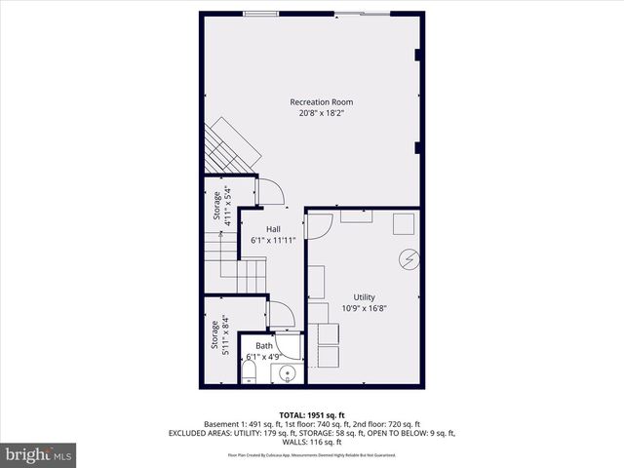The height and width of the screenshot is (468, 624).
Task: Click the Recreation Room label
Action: coord(321,102)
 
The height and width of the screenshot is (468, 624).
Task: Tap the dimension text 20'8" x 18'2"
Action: coord(321,113)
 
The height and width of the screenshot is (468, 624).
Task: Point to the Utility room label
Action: coord(364,297)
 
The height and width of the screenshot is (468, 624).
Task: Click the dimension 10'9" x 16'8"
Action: coord(364,308)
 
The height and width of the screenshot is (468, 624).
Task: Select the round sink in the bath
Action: coord(288,374)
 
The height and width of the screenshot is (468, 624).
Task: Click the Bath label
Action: coord(264,346)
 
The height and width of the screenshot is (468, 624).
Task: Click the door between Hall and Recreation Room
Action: coord(270,192)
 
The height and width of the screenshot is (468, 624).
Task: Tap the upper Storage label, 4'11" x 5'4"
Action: coord(222,207)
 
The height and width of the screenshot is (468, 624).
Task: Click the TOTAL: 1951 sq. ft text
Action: coord(311,414)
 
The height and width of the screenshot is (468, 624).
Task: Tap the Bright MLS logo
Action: coord(38,454)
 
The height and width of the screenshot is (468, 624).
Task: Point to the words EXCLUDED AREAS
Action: coord(202,433)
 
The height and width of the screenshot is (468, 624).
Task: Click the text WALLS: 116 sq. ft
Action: coord(312,442)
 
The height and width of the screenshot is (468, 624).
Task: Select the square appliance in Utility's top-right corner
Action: coord(404,223)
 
